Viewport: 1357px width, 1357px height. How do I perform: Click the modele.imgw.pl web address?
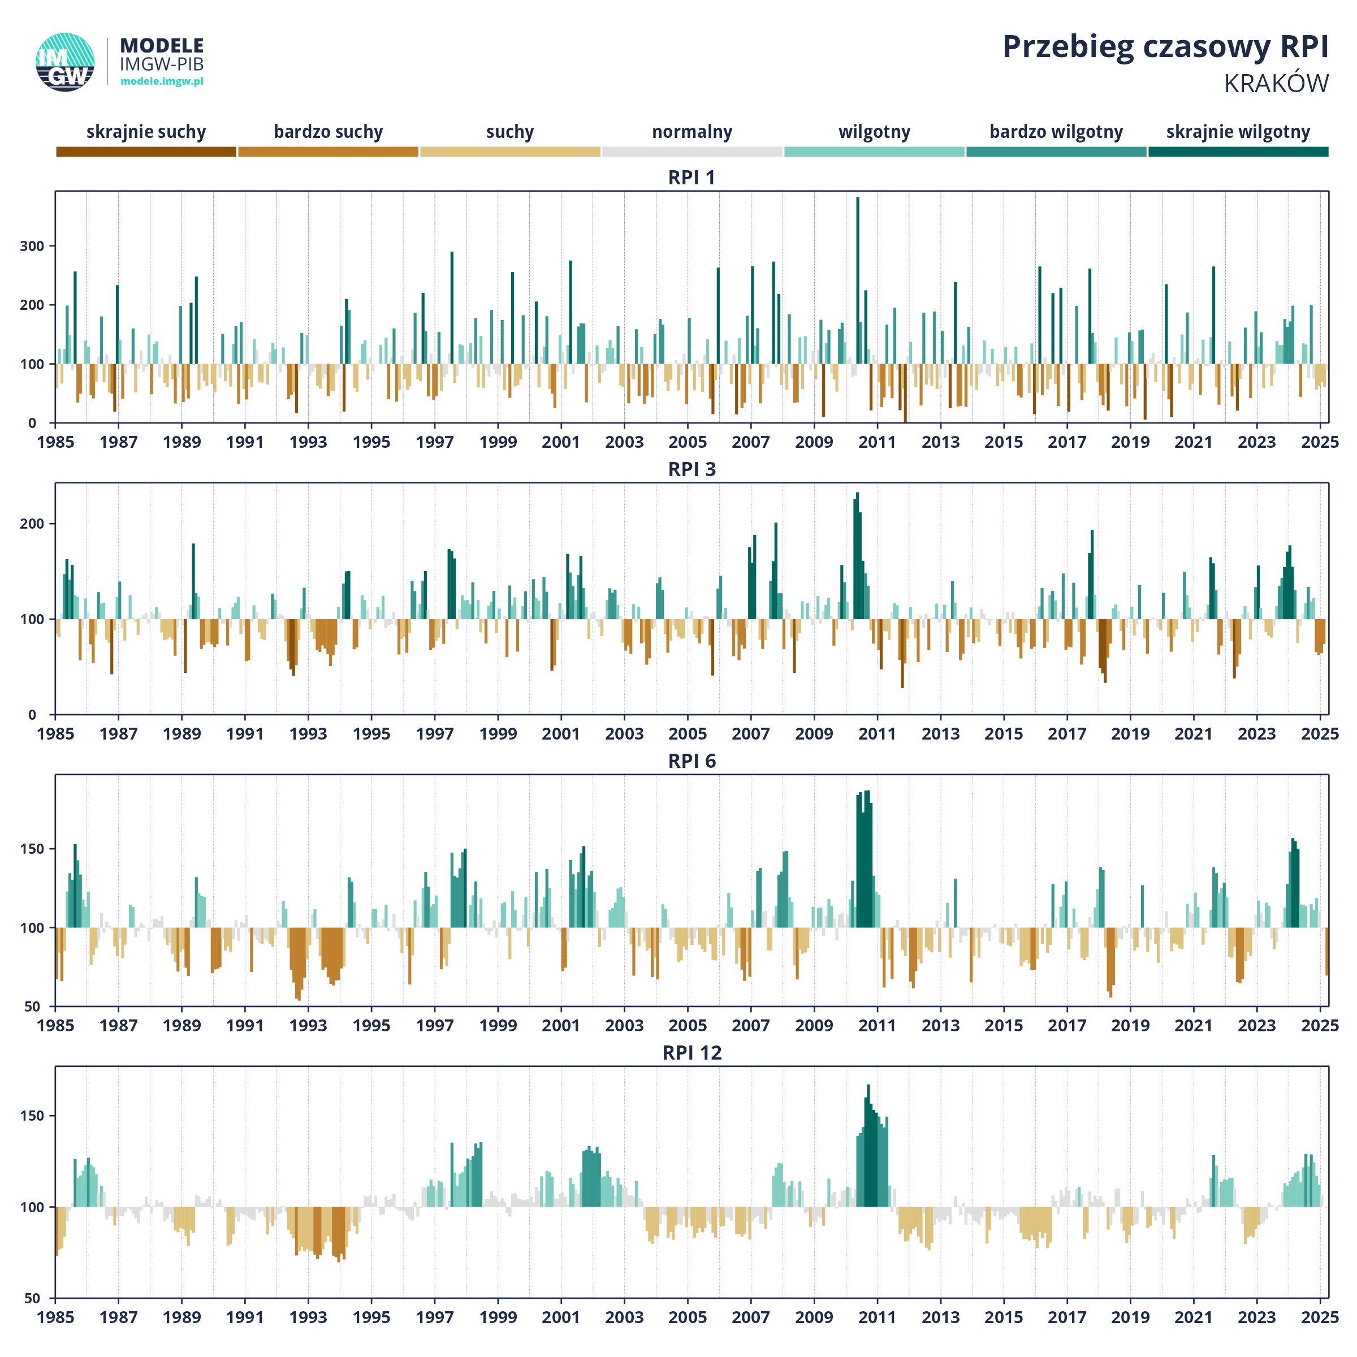pyautogui.click(x=162, y=81)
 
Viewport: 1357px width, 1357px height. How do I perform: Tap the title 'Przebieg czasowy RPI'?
pyautogui.click(x=1165, y=47)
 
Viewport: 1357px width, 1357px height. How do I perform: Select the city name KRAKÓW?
pyautogui.click(x=1276, y=84)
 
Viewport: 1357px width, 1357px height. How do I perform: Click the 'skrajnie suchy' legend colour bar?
pyautogui.click(x=146, y=152)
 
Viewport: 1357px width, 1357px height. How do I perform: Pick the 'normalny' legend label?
pyautogui.click(x=692, y=132)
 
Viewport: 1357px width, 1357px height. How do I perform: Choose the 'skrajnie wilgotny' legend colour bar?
pyautogui.click(x=1238, y=152)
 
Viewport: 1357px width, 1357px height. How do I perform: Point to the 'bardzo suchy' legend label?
pyautogui.click(x=328, y=132)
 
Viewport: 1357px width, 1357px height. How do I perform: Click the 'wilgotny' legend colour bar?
pyautogui.click(x=875, y=152)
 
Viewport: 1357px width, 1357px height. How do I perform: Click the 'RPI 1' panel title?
pyautogui.click(x=692, y=178)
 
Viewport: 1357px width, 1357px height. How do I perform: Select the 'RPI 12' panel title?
pyautogui.click(x=692, y=1053)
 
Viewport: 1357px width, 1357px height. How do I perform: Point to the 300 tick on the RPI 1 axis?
pyautogui.click(x=32, y=247)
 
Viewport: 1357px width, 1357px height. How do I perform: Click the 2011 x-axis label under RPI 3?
pyautogui.click(x=878, y=734)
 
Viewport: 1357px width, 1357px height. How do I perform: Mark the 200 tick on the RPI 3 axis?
pyautogui.click(x=32, y=524)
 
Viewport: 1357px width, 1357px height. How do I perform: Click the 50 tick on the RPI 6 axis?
pyautogui.click(x=32, y=1006)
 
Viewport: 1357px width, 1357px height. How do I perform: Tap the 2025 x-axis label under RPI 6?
pyautogui.click(x=1320, y=1026)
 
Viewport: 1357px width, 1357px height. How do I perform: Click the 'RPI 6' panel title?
pyautogui.click(x=692, y=762)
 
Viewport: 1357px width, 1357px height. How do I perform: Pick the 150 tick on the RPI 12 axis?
pyautogui.click(x=32, y=1116)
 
